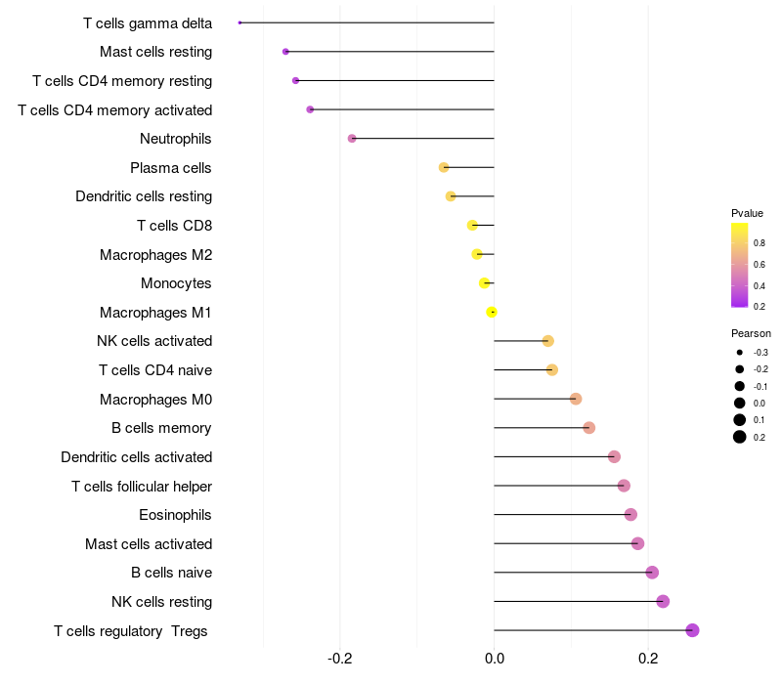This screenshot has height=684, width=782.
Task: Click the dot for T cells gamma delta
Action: (239, 22)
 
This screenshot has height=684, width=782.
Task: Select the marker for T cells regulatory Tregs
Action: (692, 630)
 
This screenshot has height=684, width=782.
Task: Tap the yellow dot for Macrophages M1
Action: (492, 312)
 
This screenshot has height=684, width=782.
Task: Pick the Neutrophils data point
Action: (352, 139)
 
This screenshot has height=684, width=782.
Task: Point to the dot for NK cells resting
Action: (663, 601)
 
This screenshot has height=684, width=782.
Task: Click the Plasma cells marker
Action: (444, 167)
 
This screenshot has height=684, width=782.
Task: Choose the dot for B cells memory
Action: (588, 427)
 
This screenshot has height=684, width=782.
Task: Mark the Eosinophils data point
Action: (630, 514)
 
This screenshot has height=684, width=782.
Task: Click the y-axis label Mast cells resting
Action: (155, 52)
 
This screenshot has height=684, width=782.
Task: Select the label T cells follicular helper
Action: (142, 486)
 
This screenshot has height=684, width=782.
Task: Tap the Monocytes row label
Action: (176, 283)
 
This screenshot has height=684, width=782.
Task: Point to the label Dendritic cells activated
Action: (136, 456)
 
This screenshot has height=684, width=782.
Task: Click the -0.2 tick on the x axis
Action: (340, 658)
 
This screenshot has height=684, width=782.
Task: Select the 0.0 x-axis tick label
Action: (495, 658)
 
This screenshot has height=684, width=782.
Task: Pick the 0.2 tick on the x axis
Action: (648, 658)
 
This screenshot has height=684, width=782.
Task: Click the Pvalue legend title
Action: (747, 213)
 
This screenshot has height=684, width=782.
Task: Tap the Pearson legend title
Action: (751, 333)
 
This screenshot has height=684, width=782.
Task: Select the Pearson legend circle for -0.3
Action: (740, 353)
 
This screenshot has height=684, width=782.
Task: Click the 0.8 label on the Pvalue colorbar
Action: (760, 242)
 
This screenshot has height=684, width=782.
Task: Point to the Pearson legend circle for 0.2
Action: (740, 437)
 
